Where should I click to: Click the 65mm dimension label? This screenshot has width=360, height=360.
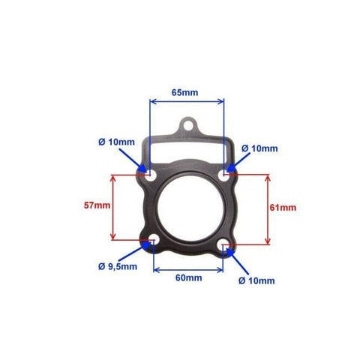[184, 92]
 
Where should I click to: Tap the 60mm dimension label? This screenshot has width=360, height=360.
[189, 277]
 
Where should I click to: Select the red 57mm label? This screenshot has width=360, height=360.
[97, 205]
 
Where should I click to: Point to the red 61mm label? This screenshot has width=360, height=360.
[283, 208]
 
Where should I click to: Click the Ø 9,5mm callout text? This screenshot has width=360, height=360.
[118, 266]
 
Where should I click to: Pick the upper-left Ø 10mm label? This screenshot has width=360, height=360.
[116, 142]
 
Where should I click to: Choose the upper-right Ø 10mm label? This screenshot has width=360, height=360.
[259, 148]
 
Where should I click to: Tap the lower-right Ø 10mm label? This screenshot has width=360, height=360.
[256, 280]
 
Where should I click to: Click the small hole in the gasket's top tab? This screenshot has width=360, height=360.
[188, 126]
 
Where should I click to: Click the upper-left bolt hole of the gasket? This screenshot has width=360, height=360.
[151, 176]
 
